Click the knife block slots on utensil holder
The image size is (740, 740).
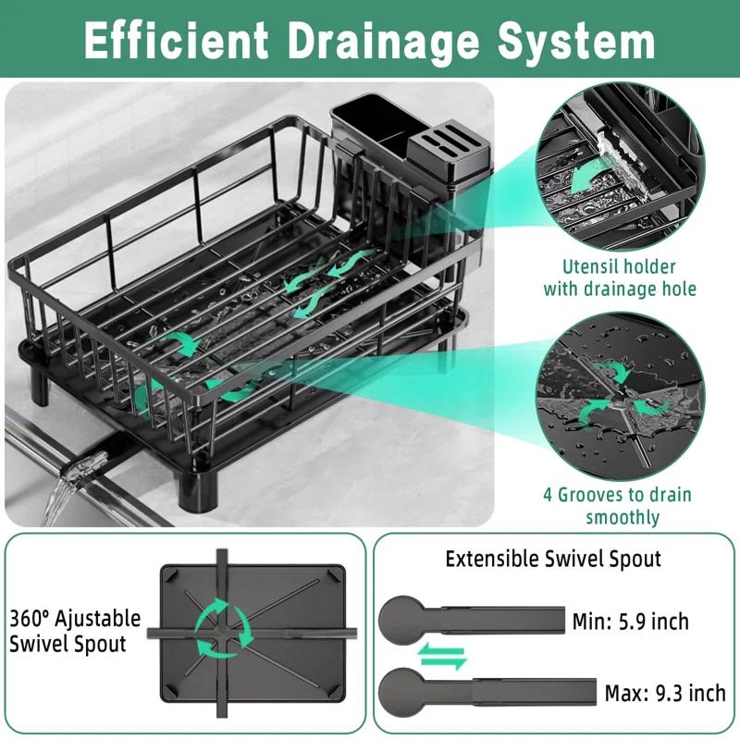(x=443, y=147)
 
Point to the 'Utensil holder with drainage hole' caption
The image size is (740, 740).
(x=620, y=277)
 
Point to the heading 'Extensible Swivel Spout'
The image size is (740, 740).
(x=553, y=559)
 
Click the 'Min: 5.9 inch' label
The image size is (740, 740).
(x=630, y=621)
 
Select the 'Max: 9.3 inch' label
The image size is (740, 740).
(x=663, y=691)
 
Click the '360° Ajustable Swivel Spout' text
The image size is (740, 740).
(x=76, y=630)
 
